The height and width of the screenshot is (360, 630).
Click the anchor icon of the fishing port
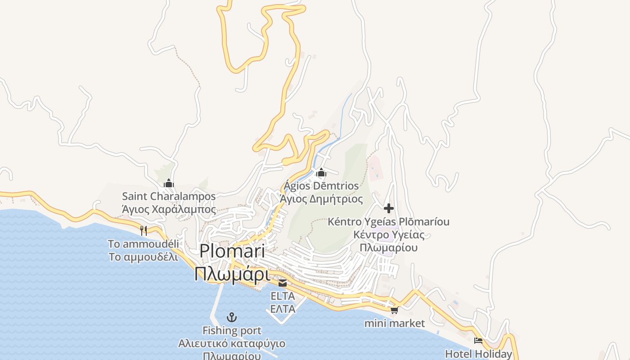pyautogui.click(x=231, y=317)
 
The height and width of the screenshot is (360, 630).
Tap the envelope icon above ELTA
pyautogui.click(x=283, y=283)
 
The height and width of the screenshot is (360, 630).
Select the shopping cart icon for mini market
pyautogui.click(x=395, y=310)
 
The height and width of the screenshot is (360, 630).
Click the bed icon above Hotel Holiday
pyautogui.click(x=478, y=341)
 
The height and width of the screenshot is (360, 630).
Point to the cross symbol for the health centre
pyautogui.click(x=389, y=208)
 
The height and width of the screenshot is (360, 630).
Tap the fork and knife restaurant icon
pyautogui.click(x=144, y=231)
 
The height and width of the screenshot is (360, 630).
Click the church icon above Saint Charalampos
pyautogui.click(x=169, y=183)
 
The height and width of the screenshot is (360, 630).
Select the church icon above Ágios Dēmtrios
pyautogui.click(x=321, y=172)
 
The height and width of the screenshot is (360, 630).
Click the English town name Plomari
pyautogui.click(x=232, y=251)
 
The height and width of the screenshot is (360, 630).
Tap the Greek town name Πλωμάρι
pyautogui.click(x=232, y=274)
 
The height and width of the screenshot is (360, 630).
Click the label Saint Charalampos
pyautogui.click(x=169, y=197)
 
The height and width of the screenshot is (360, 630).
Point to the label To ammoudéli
pyautogui.click(x=143, y=244)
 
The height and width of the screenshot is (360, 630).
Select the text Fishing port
pyautogui.click(x=232, y=331)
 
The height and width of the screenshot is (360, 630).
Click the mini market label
pyautogui.click(x=395, y=323)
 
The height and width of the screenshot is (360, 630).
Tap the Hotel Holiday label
pyautogui.click(x=479, y=354)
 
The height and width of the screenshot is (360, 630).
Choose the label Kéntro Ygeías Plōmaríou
pyautogui.click(x=388, y=222)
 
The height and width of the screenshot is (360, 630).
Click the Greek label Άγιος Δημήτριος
pyautogui.click(x=321, y=199)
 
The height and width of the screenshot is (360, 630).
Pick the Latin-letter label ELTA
pyautogui.click(x=283, y=296)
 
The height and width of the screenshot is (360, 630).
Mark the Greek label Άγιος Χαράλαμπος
pyautogui.click(x=169, y=210)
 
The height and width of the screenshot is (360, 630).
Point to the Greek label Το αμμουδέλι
pyautogui.click(x=143, y=257)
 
